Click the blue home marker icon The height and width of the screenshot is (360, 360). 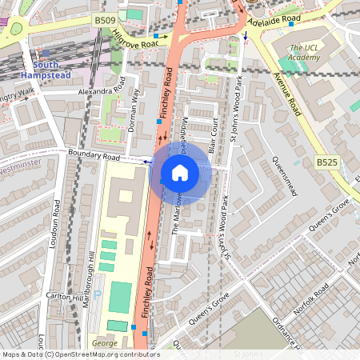pos(180,173)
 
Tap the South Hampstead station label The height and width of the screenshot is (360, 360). pos(57,69)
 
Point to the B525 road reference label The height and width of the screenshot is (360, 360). pos(326,162)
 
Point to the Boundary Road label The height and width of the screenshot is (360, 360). pos(94,156)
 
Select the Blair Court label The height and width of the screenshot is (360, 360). pos(212,135)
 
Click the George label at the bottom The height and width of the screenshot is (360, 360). pos(104,342)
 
